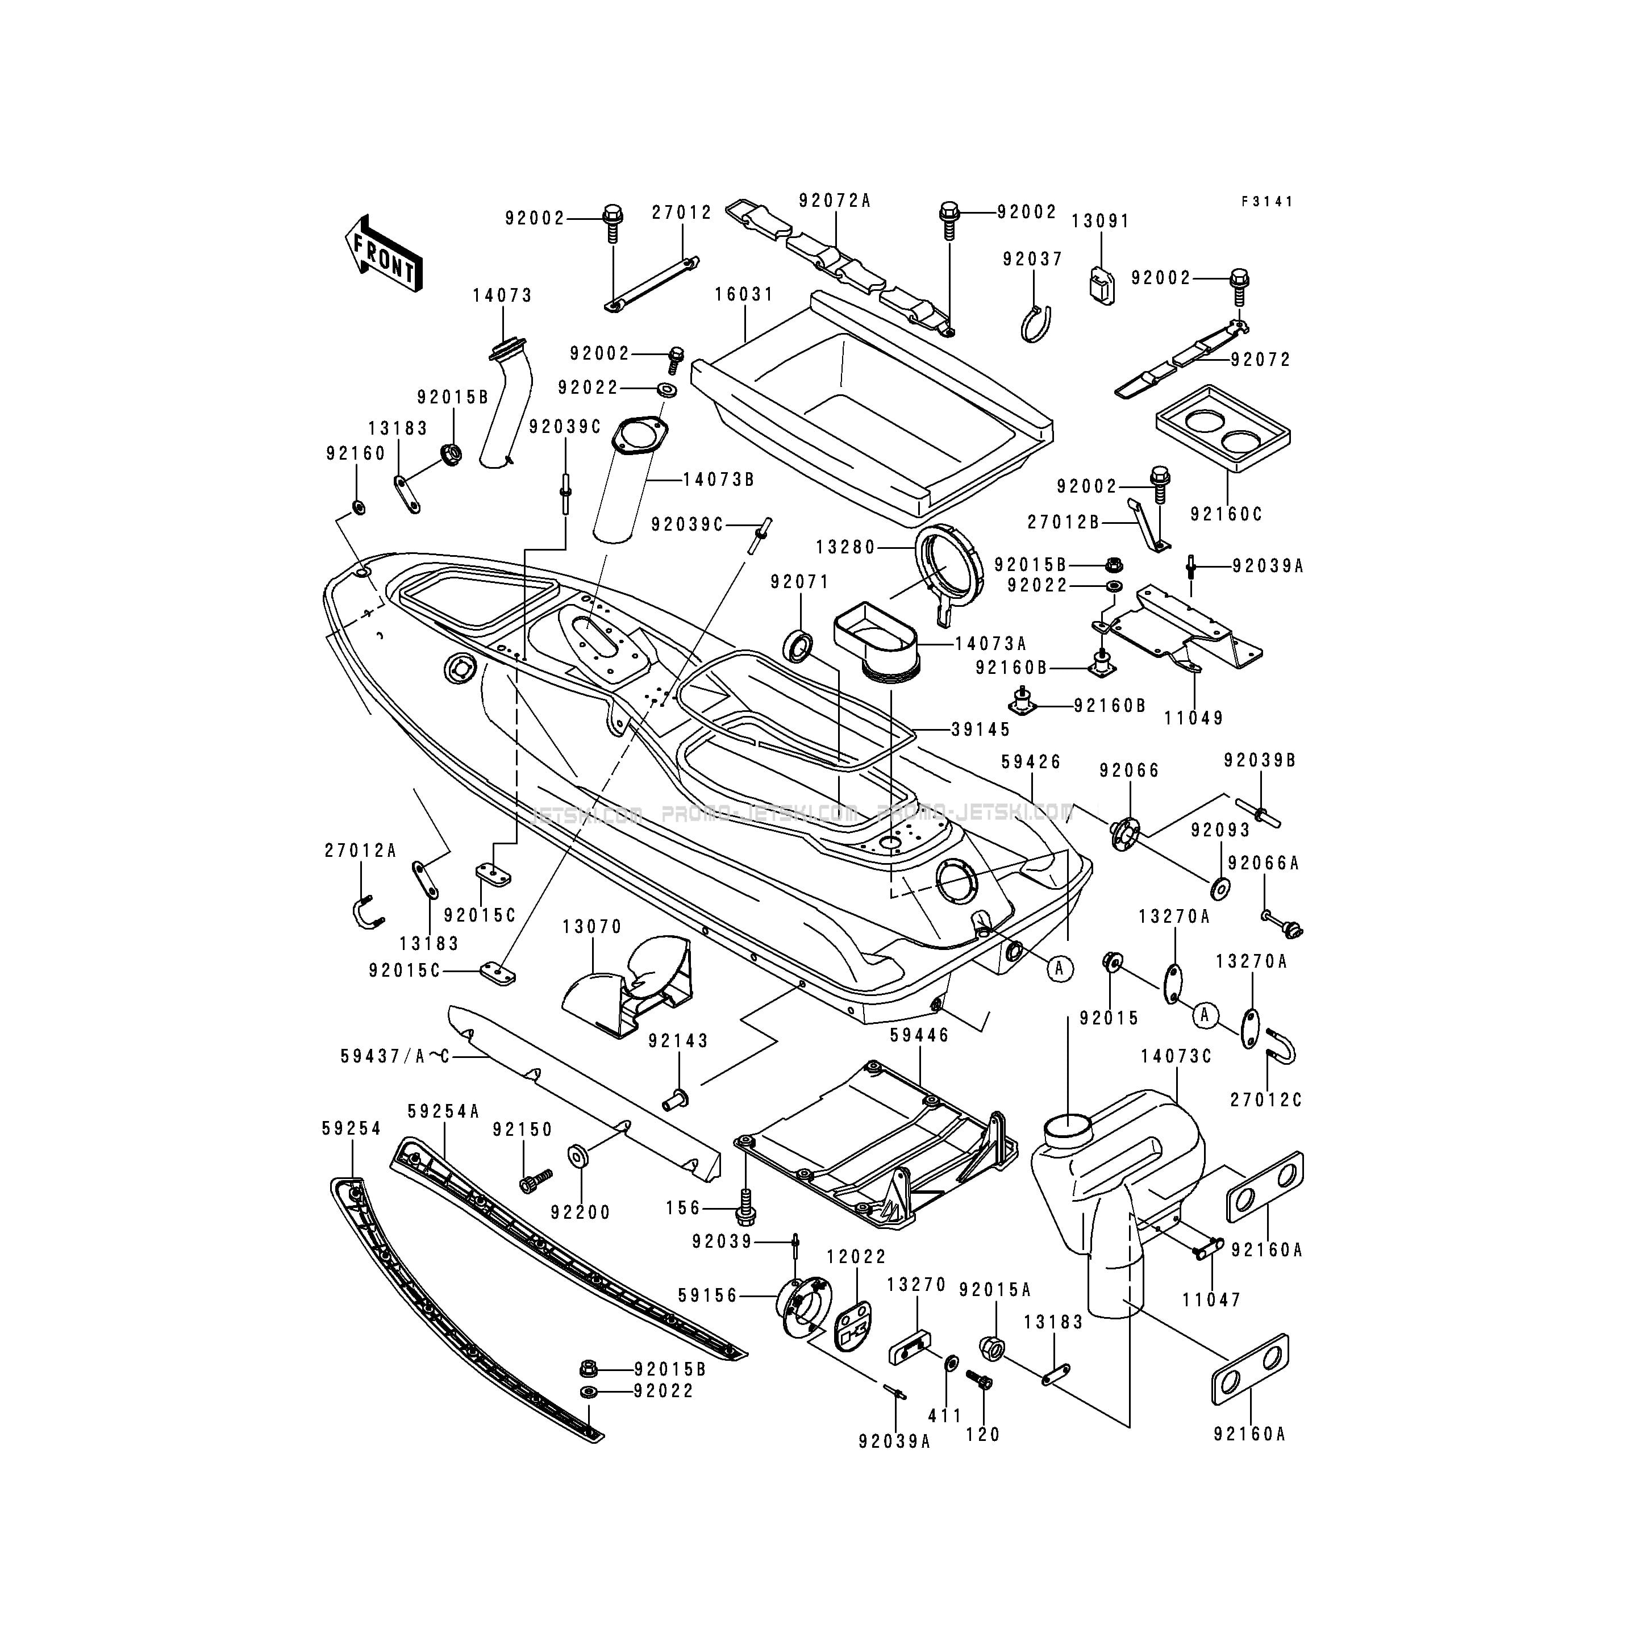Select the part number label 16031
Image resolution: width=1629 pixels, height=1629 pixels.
744,295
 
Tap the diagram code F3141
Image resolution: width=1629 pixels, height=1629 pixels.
1267,202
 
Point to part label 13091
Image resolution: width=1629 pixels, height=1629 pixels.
1101,221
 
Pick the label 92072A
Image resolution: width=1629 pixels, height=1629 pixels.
835,201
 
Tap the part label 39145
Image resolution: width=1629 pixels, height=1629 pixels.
981,730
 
